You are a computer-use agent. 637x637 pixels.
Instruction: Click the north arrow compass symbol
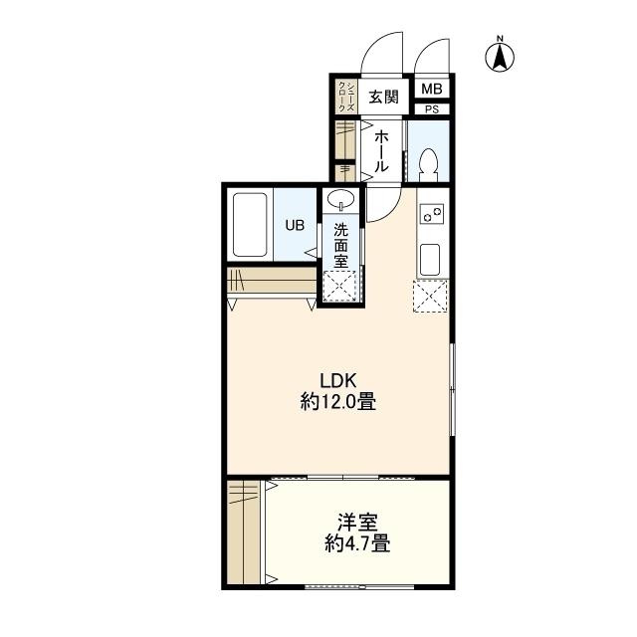[x=500, y=57]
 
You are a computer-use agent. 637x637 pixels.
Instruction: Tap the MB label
[x=431, y=89]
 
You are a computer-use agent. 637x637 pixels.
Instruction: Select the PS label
[x=432, y=109]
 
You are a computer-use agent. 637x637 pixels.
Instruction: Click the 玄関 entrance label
[x=383, y=97]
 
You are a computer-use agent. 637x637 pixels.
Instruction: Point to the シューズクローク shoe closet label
[x=346, y=97]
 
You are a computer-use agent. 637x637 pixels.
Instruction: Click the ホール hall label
[x=381, y=151]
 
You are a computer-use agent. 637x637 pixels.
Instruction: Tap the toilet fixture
[x=429, y=165]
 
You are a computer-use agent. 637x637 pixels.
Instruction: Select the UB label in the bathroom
[x=295, y=225]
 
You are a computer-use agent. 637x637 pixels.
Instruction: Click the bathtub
[x=250, y=225]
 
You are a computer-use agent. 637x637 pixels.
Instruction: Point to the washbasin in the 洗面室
[x=340, y=199]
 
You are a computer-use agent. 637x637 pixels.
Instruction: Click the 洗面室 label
[x=340, y=246]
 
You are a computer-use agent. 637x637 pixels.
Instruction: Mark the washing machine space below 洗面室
[x=339, y=286]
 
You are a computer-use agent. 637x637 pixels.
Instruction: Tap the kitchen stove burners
[x=433, y=213]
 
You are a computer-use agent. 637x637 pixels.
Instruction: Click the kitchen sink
[x=430, y=260]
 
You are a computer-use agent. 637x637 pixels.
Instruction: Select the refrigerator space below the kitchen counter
[x=430, y=297]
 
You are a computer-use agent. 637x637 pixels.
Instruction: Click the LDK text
[x=338, y=381]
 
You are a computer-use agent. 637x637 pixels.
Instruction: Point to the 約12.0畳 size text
[x=338, y=402]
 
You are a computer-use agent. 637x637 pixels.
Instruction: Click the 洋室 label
[x=357, y=523]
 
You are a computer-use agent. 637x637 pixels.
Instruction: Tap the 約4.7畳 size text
[x=357, y=543]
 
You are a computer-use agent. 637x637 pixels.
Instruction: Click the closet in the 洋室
[x=244, y=532]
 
